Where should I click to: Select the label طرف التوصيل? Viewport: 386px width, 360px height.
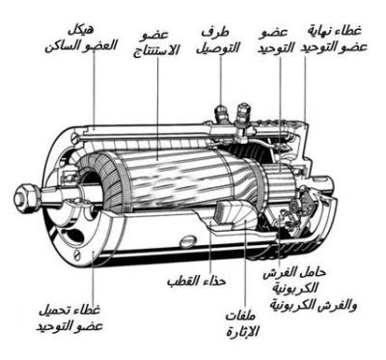click(219, 40)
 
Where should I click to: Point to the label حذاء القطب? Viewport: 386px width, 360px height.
click(197, 281)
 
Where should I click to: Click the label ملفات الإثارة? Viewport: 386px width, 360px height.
click(242, 323)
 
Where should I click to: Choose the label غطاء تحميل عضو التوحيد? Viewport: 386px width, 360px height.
click(69, 318)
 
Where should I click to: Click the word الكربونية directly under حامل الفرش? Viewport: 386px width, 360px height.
click(295, 288)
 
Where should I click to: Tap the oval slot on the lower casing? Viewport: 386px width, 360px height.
click(188, 241)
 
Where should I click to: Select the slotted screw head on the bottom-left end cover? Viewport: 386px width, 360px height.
click(78, 255)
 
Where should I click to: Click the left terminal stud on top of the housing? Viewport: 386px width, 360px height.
click(221, 113)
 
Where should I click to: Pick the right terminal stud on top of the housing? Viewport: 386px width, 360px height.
click(242, 115)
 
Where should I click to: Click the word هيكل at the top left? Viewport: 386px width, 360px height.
click(82, 31)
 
